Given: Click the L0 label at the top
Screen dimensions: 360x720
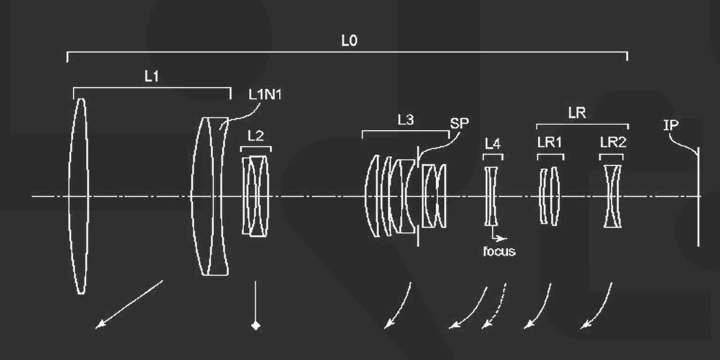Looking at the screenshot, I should pyautogui.click(x=349, y=41).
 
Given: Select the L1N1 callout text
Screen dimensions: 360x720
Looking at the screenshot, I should pyautogui.click(x=265, y=94).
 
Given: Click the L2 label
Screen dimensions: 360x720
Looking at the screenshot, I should pyautogui.click(x=256, y=136).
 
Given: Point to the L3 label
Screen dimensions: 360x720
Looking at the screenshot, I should pyautogui.click(x=405, y=120).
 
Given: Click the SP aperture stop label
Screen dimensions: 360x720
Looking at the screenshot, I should pyautogui.click(x=459, y=122).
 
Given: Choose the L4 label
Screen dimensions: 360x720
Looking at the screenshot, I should pyautogui.click(x=493, y=144).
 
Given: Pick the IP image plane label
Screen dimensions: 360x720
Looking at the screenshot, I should pyautogui.click(x=671, y=125).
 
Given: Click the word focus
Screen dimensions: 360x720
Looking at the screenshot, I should pyautogui.click(x=499, y=251).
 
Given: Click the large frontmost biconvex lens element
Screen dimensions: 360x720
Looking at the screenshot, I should pyautogui.click(x=79, y=195).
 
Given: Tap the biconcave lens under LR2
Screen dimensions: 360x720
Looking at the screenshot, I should pyautogui.click(x=613, y=196).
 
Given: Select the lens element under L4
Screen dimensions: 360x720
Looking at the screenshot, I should pyautogui.click(x=491, y=196).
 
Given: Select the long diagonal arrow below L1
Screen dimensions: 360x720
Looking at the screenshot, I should pyautogui.click(x=130, y=304).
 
